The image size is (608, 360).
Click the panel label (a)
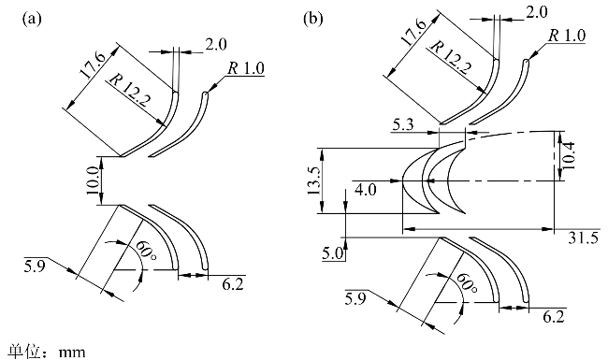32,19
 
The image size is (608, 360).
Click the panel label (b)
313,19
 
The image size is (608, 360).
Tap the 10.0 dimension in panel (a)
93,181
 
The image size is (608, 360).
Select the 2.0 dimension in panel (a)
216,45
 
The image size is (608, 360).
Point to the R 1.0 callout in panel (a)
246,68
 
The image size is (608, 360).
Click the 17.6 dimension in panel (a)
93,65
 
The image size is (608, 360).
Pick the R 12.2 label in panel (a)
129,91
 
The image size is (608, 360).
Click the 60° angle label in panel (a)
145,253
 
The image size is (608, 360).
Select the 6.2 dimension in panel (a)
233,284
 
